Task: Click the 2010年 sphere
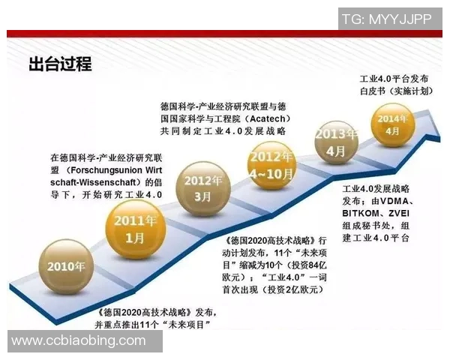66,265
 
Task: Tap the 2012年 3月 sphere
205,188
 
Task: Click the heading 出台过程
60,64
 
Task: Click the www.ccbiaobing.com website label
79,341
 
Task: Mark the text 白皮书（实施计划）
397,91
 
